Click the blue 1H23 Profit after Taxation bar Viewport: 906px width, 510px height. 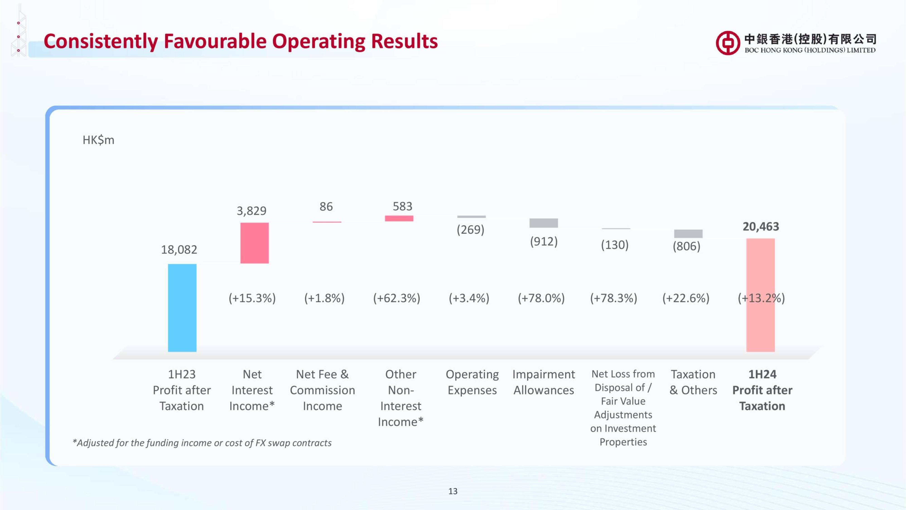point(182,308)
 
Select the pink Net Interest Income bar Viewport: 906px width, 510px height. point(255,243)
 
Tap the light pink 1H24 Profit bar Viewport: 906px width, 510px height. point(760,295)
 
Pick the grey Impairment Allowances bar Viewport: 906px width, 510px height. point(544,223)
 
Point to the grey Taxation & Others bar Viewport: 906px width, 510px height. point(688,234)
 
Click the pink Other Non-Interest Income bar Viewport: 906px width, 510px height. point(399,218)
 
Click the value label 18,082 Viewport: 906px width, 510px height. point(179,250)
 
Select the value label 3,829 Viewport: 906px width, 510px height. point(251,211)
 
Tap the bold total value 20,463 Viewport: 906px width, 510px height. point(761,226)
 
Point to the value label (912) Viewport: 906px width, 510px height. point(544,241)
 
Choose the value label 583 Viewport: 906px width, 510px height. point(402,206)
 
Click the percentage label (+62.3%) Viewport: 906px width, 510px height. point(397,298)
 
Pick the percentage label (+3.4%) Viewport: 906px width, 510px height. point(469,298)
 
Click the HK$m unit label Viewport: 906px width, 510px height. point(99,140)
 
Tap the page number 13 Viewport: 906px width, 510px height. point(453,491)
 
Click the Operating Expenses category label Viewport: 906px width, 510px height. point(472,382)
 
